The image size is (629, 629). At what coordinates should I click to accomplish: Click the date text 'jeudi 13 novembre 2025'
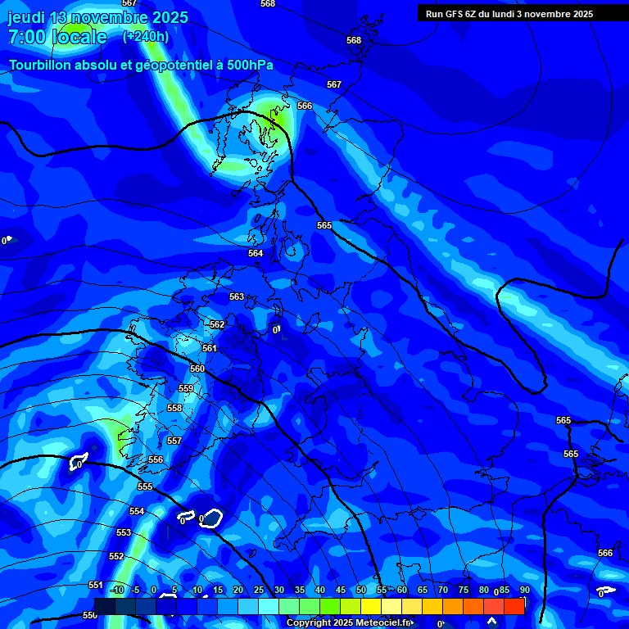coord(97,17)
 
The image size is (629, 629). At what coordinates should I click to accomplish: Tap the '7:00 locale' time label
coord(57,37)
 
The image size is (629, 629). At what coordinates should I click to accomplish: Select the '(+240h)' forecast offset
coord(146,37)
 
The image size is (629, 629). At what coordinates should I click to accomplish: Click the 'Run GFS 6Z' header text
coord(458,14)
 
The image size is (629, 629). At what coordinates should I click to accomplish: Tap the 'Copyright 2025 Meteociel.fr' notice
coord(349,623)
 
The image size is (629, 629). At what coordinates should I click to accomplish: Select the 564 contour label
coord(256,253)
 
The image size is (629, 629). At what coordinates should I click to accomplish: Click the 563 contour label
coord(237,296)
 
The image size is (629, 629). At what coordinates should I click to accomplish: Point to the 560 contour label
coord(197,369)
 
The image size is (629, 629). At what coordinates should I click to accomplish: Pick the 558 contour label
coord(174,408)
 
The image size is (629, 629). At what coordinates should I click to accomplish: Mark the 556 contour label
coord(156,459)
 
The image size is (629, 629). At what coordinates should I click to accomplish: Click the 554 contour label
coord(136,511)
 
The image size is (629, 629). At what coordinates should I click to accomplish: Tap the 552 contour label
coord(116,556)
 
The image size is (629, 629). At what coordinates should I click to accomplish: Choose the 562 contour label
coord(217,324)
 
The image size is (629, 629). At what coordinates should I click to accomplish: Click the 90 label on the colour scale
coord(524,591)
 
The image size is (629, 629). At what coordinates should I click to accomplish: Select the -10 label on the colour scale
coord(117,591)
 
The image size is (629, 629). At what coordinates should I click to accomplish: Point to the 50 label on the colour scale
coord(361,591)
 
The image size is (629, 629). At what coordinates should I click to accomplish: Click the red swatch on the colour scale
coord(514,606)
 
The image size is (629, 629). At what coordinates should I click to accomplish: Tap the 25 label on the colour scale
coord(259,591)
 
